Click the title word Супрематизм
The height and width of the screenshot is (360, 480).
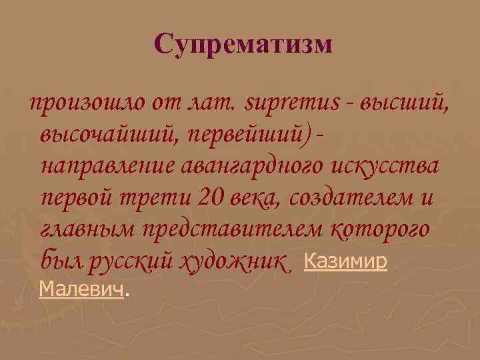click(x=242, y=45)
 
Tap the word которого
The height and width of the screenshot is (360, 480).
click(x=379, y=230)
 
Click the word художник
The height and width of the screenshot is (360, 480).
click(x=236, y=262)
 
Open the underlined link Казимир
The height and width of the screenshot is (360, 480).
click(x=345, y=261)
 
